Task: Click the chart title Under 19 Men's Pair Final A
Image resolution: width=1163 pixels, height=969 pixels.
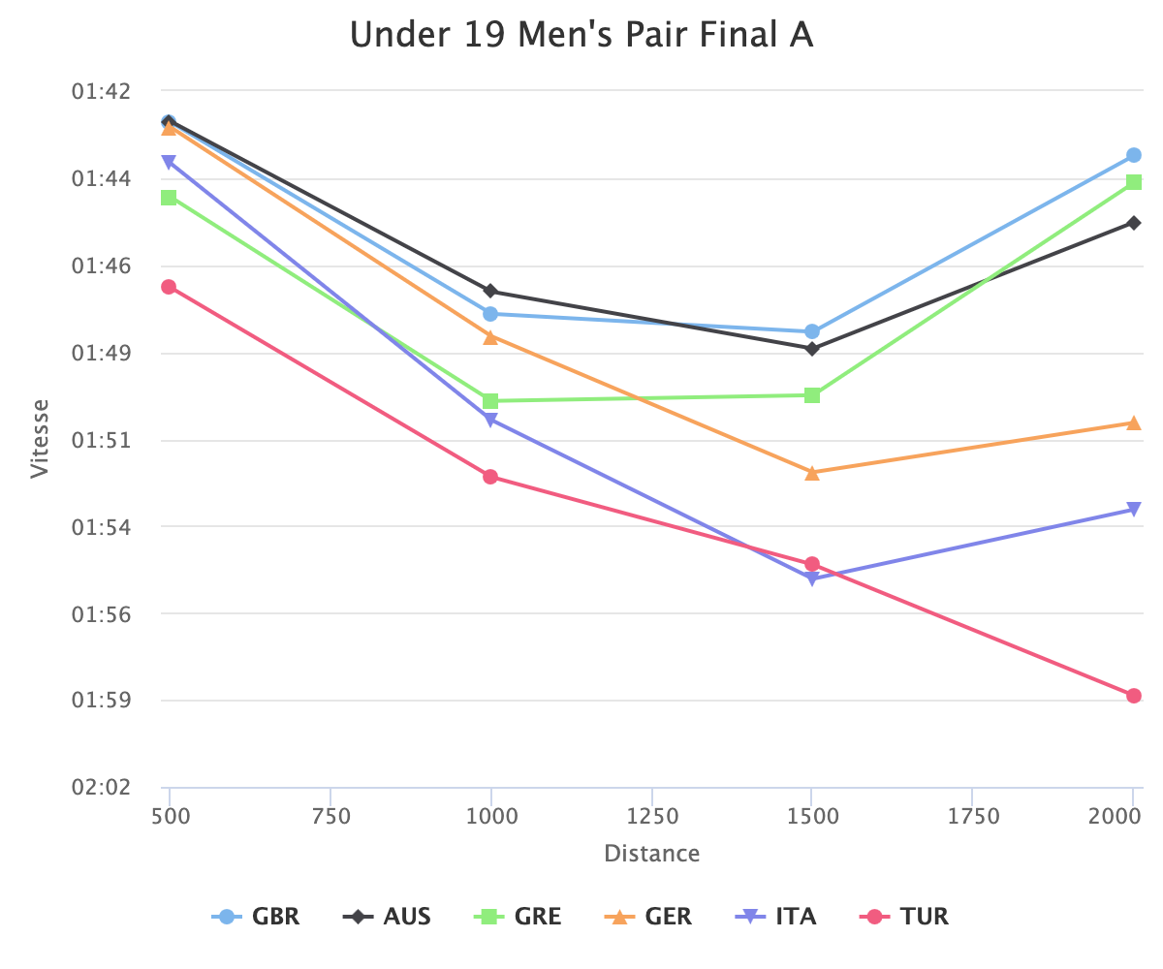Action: coord(581,35)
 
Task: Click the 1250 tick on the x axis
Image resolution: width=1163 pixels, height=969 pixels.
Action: coord(652,817)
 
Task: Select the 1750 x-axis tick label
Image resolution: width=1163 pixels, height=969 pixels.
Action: coord(973,817)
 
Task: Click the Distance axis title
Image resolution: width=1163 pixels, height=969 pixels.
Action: coord(651,854)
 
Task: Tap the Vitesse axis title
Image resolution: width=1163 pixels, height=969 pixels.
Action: coord(39,439)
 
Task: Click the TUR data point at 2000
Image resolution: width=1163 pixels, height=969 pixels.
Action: coord(1133,696)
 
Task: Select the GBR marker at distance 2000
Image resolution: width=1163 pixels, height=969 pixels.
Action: coord(1133,155)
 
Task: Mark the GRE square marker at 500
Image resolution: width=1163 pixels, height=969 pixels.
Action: coord(169,198)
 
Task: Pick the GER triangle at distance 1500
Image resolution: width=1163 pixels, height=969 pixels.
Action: coord(812,473)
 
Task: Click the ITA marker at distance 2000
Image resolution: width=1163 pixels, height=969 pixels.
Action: coord(1133,510)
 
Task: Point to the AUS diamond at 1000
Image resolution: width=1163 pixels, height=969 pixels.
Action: coord(490,292)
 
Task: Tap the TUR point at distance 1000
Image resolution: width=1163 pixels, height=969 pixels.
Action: coord(490,477)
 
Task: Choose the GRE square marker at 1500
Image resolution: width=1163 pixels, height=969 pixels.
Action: coord(812,395)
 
